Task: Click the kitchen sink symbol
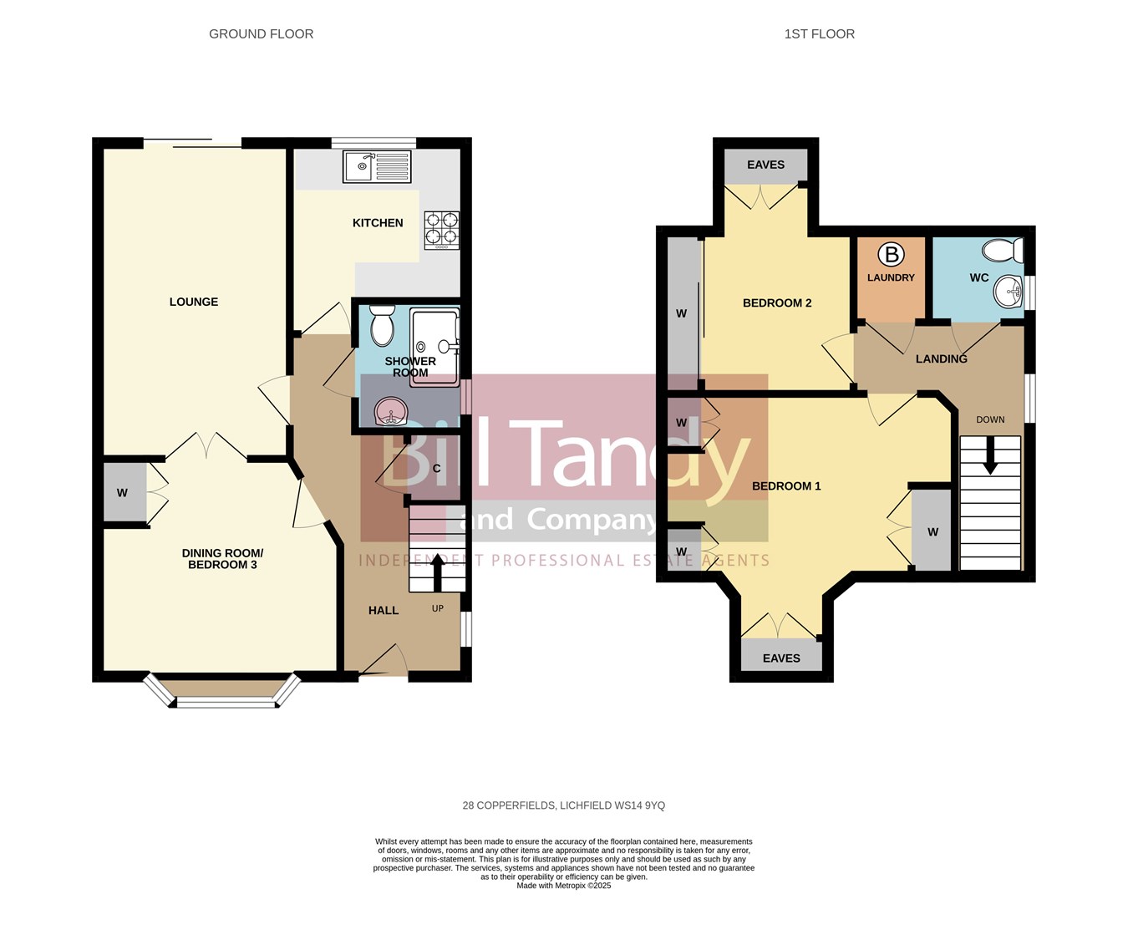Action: (377, 166)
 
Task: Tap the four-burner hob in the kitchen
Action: (441, 230)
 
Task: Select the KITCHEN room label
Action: (378, 223)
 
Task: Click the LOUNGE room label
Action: (194, 302)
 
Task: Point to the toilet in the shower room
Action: (382, 326)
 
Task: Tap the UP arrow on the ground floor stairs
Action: (436, 573)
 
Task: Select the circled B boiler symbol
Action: (892, 255)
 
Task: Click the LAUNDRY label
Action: (891, 277)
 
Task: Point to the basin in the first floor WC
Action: (1009, 292)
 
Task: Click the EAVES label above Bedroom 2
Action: (765, 165)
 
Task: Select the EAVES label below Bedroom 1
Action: (781, 658)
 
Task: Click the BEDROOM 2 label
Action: (777, 303)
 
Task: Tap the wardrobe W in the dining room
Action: (122, 493)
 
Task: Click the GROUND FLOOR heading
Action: (261, 34)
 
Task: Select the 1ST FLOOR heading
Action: (819, 34)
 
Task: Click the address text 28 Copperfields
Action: (564, 805)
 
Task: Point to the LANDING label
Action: (941, 359)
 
